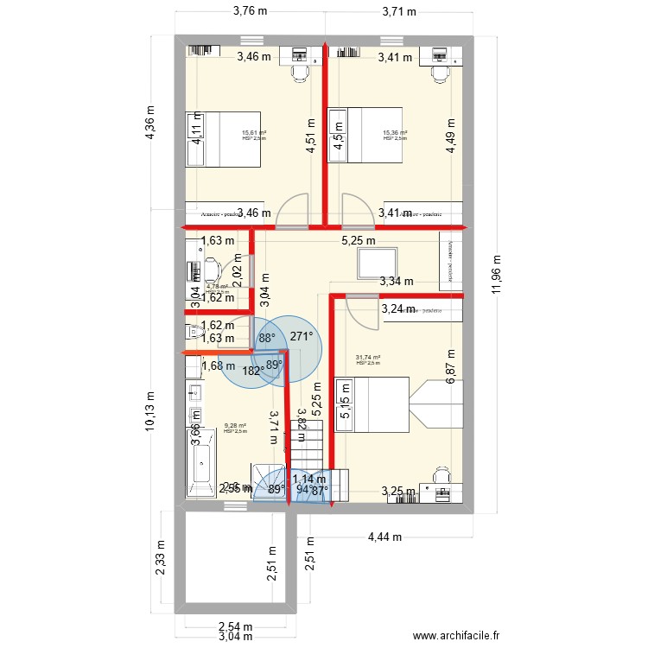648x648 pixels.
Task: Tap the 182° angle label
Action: coord(253,372)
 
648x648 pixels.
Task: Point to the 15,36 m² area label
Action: coord(395,133)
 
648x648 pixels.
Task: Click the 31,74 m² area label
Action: coord(368,357)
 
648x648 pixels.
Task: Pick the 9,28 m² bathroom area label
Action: coord(235,426)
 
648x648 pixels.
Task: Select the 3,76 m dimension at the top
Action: coord(249,11)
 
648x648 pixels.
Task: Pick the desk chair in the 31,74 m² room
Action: coord(442,475)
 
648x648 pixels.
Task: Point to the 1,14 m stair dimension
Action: coord(308,479)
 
